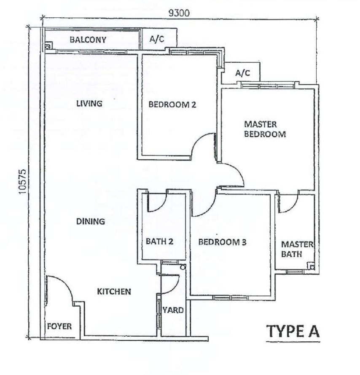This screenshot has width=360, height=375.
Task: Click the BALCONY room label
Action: coord(88,40)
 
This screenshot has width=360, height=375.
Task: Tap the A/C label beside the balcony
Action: coord(157,39)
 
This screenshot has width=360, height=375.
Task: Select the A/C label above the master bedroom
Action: coord(242,73)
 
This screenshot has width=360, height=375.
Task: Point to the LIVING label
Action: coord(89,104)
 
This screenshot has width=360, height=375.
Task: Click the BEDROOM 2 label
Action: coord(172,104)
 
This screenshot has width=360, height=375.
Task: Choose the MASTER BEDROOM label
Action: coord(265,129)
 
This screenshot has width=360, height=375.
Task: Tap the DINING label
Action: coord(90,222)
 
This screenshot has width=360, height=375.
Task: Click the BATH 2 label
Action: coord(159,241)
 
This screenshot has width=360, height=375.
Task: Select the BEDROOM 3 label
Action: coord(222,242)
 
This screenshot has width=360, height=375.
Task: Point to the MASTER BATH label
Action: coord(297,249)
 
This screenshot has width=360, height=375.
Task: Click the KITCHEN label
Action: coord(114,292)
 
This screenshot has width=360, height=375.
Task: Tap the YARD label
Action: coord(173,310)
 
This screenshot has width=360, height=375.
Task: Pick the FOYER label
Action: coord(59,327)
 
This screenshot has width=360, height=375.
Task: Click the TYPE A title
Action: coord(293,331)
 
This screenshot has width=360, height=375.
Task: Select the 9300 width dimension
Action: coord(179,13)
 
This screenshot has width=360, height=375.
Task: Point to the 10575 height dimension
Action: coord(22,182)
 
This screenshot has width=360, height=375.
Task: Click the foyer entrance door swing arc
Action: coord(65,282)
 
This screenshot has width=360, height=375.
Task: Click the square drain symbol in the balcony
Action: coord(48,46)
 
